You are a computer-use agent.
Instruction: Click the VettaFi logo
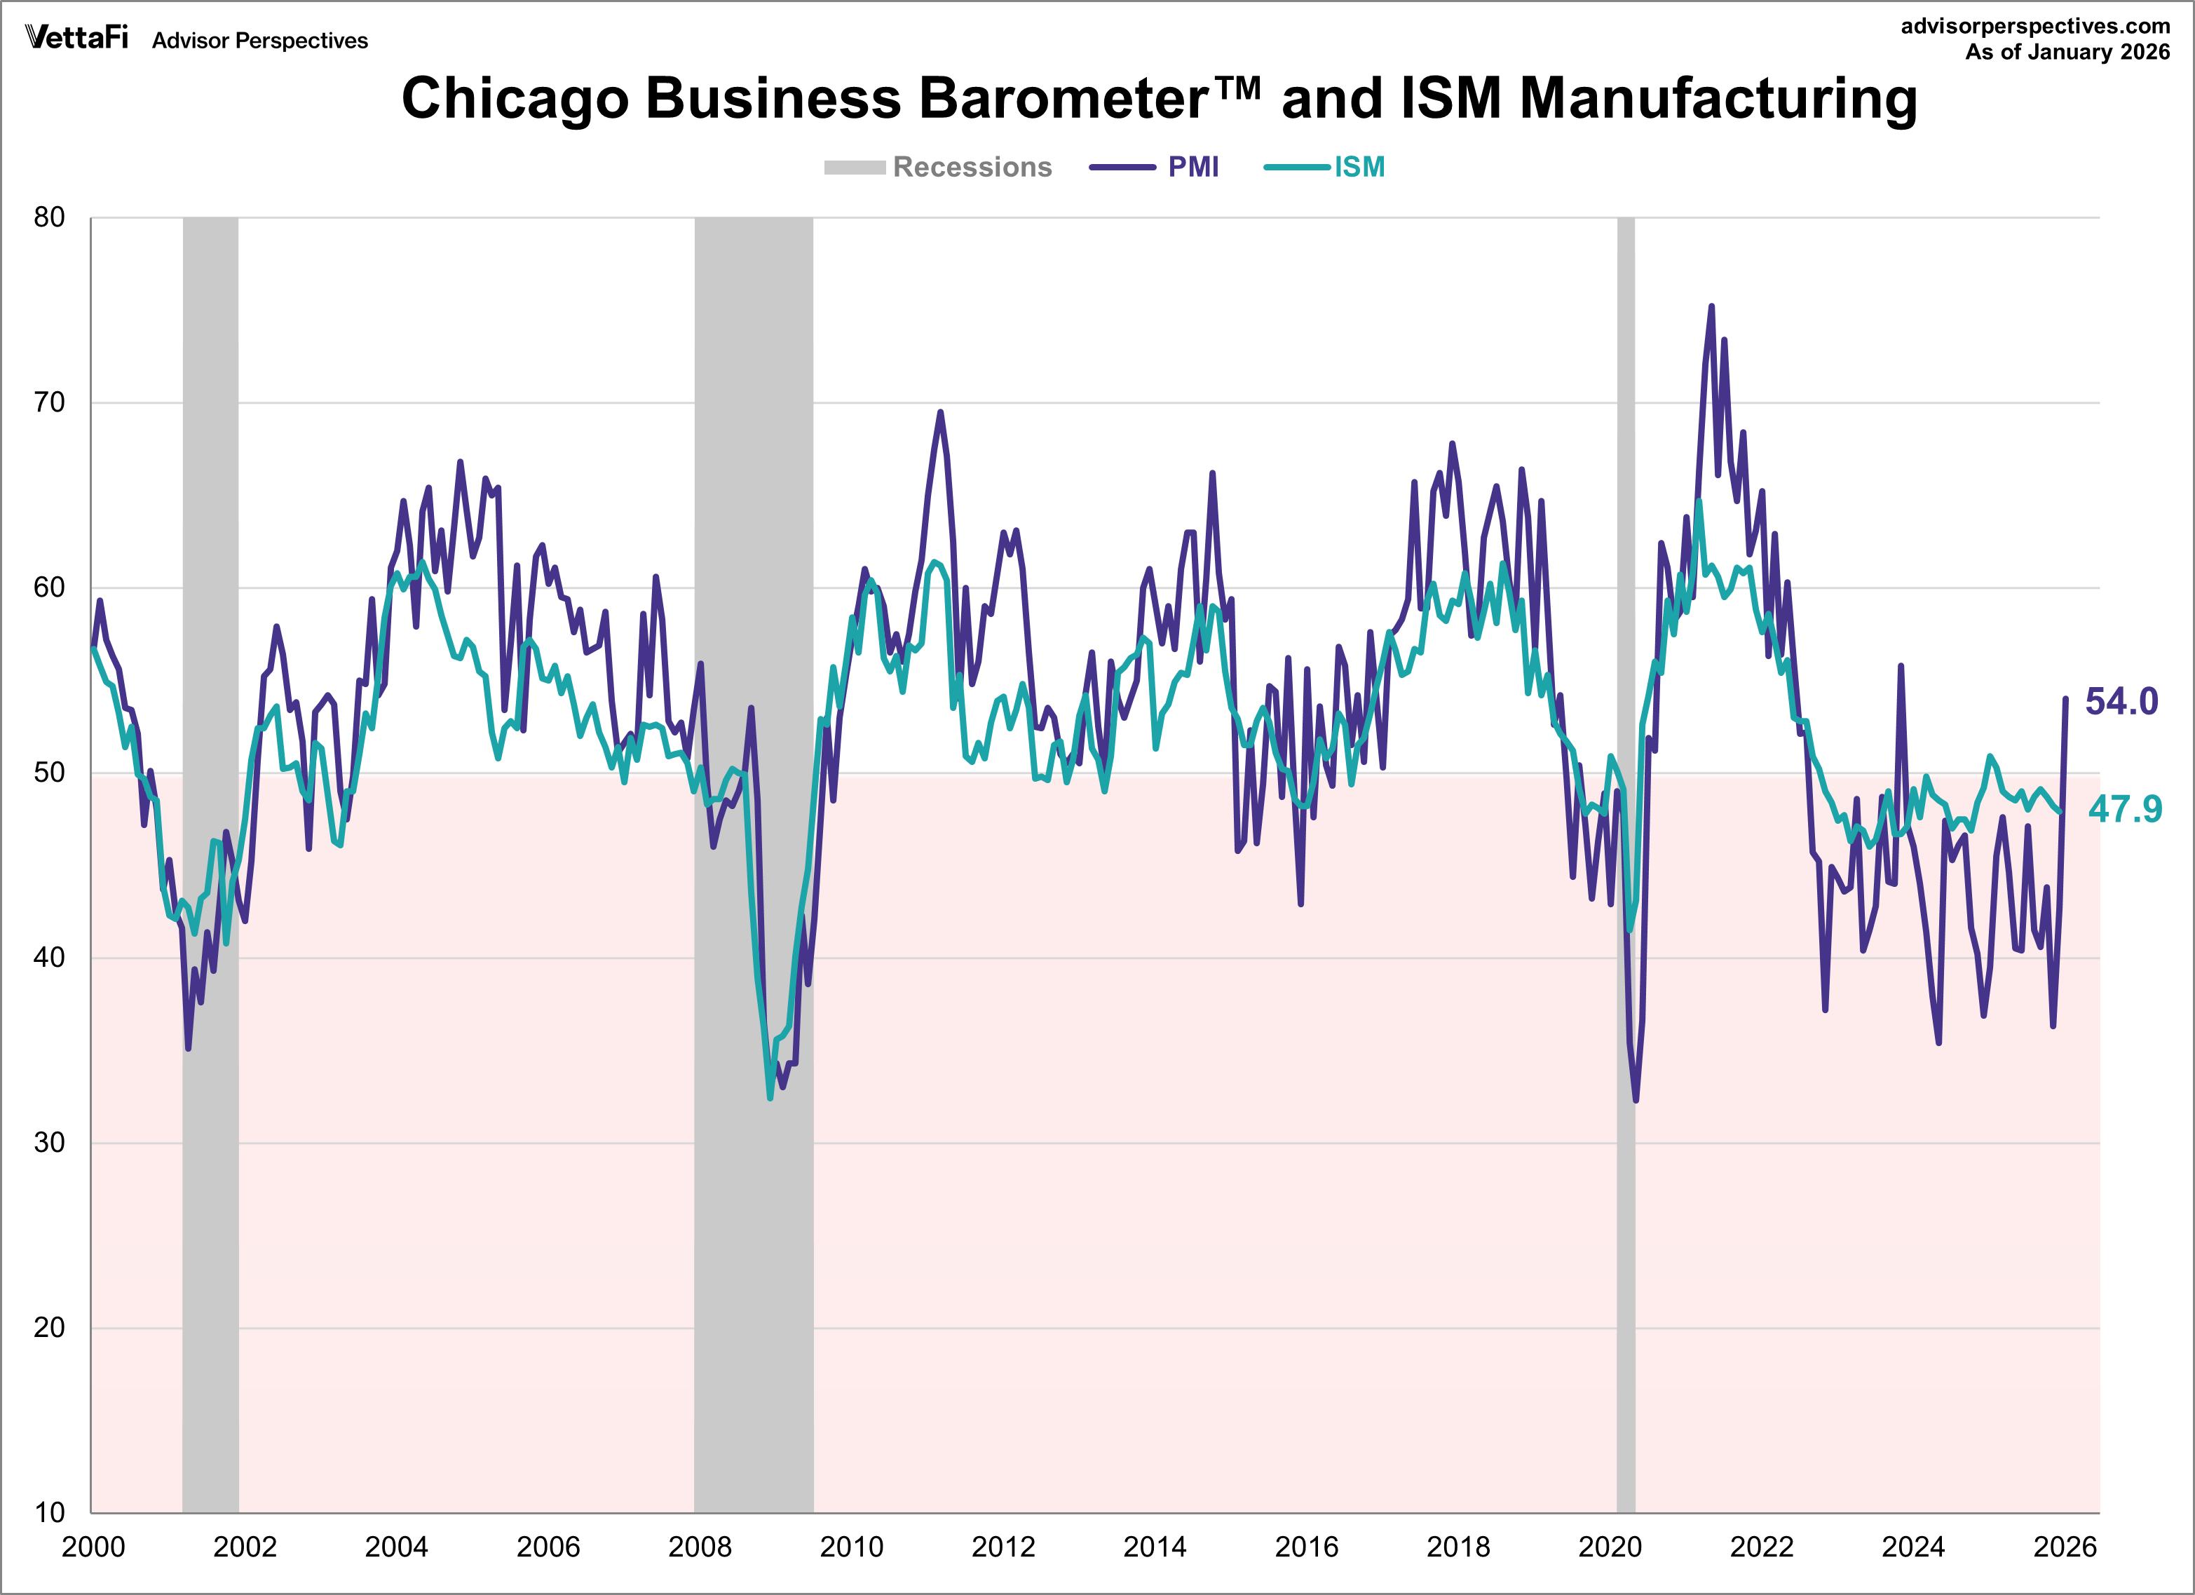(x=76, y=38)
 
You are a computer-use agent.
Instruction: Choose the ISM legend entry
(x=1325, y=168)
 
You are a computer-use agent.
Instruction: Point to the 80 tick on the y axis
(x=49, y=218)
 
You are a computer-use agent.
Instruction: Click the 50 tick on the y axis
(x=49, y=773)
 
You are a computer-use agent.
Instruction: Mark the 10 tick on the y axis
(x=49, y=1512)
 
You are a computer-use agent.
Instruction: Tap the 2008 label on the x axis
(x=700, y=1547)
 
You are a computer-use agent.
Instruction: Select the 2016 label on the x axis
(x=1307, y=1547)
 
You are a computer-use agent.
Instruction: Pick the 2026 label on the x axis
(x=2065, y=1547)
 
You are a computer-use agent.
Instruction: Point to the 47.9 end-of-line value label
(x=2124, y=809)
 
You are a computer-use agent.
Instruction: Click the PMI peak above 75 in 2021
(x=1711, y=307)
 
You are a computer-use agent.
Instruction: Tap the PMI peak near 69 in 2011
(x=939, y=412)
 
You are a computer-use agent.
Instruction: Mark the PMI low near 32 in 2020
(x=1636, y=1099)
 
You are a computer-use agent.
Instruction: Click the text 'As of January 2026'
(x=2067, y=53)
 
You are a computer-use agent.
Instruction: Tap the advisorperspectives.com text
(x=2035, y=26)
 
